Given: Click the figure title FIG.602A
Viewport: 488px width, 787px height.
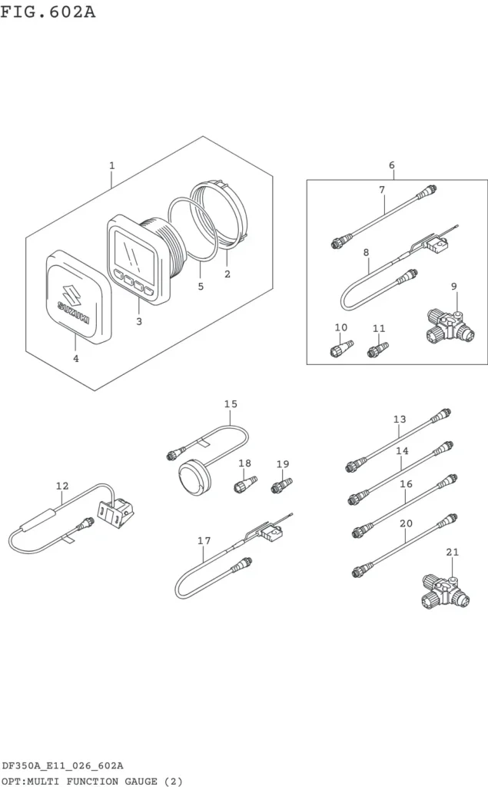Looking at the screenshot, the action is pos(48,11).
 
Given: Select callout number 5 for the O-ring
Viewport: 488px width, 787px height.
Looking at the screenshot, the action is pos(201,287).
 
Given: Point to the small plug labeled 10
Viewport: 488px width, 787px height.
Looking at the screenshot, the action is pos(342,348).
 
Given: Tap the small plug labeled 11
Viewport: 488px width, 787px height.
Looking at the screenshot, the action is pos(379,350).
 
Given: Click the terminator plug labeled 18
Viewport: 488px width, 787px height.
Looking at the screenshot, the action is pos(245,484).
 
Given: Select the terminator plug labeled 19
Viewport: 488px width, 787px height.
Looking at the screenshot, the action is pos(281,486).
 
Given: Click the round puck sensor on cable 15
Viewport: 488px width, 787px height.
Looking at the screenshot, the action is pos(194,475).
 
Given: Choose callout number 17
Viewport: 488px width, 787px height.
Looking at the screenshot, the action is pos(204,540).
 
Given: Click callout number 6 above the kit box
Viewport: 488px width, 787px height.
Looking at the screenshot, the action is pos(392,164).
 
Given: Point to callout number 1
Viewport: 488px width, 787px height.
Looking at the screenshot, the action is pos(112,165).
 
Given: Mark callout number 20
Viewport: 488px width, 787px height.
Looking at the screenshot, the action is pos(407,523).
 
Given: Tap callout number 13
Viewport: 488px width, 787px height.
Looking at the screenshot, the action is pos(400,419).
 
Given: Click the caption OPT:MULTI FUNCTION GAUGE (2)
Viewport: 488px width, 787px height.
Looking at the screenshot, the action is pos(92,782).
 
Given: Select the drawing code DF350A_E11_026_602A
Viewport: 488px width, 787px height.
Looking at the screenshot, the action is pos(63,766).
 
